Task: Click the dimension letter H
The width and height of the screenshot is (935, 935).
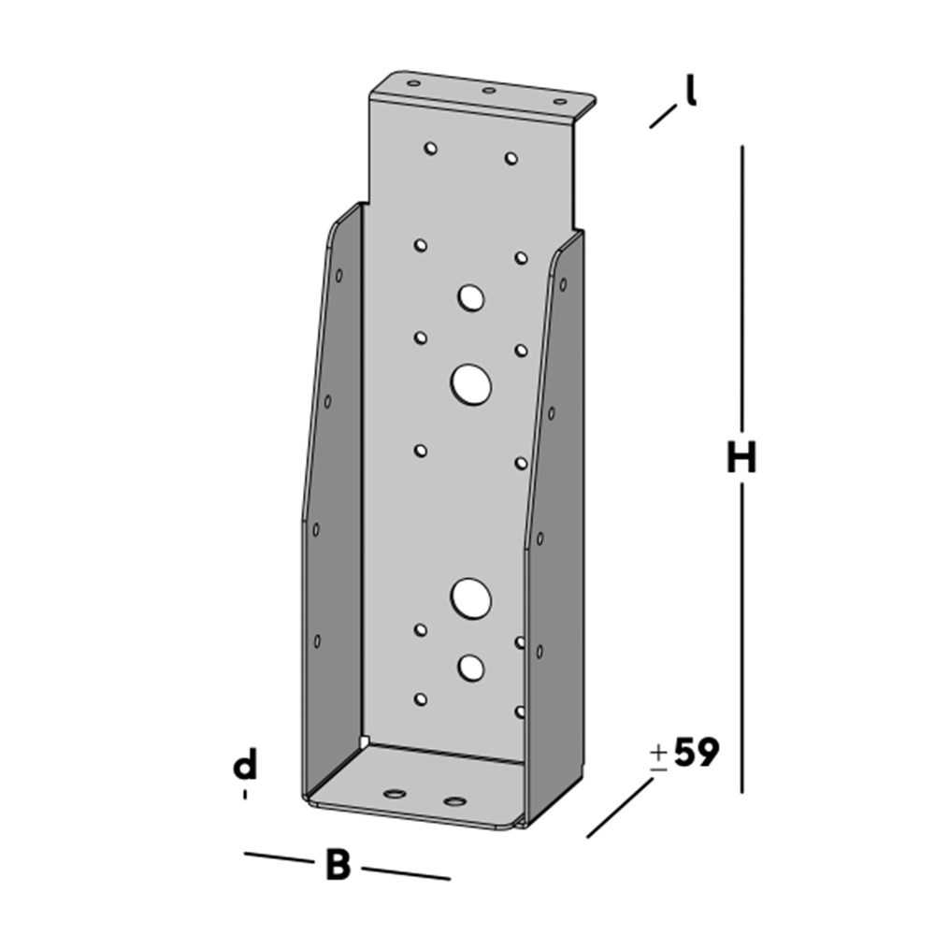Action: click(x=741, y=459)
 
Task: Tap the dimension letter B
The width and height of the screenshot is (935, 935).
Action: click(x=338, y=866)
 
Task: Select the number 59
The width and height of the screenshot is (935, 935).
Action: click(x=696, y=753)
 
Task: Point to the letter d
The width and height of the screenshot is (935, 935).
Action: click(x=245, y=766)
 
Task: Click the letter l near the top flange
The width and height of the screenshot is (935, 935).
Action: click(x=691, y=92)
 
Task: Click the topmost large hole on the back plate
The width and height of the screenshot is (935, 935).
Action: click(x=471, y=298)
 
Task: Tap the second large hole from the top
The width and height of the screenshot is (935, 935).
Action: click(x=471, y=384)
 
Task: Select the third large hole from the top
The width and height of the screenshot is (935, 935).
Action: click(x=471, y=597)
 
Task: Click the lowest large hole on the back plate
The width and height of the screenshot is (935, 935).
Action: click(x=471, y=667)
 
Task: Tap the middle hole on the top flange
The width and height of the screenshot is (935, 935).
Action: click(x=488, y=91)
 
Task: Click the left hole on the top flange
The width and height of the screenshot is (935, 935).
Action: click(x=413, y=83)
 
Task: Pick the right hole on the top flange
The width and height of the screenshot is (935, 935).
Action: click(x=560, y=101)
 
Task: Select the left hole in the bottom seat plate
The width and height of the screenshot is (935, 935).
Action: click(x=396, y=794)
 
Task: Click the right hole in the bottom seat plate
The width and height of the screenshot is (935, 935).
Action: click(x=455, y=801)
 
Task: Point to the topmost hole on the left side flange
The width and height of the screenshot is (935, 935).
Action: click(x=338, y=275)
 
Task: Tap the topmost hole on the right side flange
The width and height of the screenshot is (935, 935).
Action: click(x=562, y=283)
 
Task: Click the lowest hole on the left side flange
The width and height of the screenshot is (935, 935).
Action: click(x=317, y=640)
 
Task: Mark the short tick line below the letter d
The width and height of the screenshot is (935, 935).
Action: click(x=245, y=795)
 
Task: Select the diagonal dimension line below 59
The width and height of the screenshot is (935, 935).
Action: click(x=620, y=807)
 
